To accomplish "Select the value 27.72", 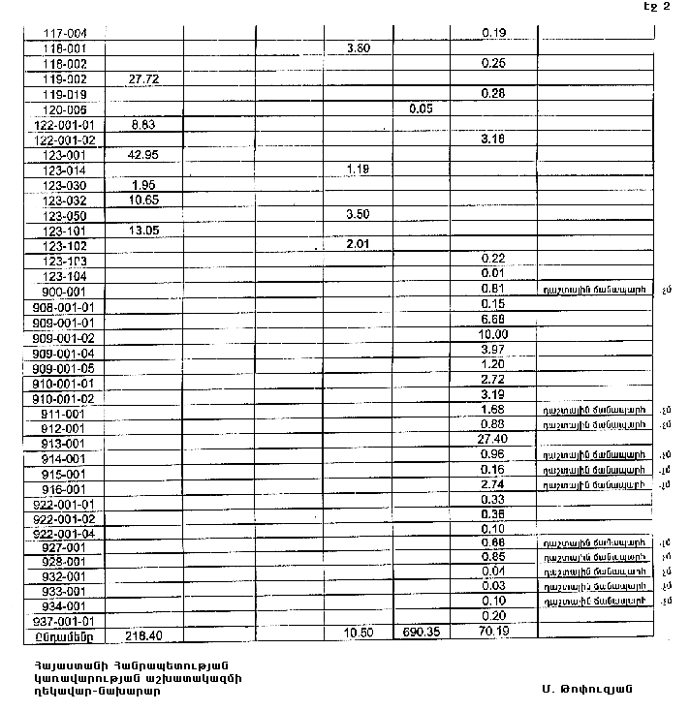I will pos(142,78).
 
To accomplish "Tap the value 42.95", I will pos(142,155).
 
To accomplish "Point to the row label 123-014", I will pos(66,170).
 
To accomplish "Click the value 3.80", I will pos(358,47).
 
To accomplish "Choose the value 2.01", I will pos(359,244).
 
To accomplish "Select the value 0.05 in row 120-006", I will pos(421,109).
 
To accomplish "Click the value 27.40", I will pos(494,440).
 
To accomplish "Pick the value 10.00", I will pos(494,335).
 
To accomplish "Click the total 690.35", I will pos(421,633).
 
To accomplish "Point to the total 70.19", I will pos(494,633).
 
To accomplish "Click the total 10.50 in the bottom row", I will pos(359,633).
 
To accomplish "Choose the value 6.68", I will pos(494,320).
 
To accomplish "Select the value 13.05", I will pos(142,231).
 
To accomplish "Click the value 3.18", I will pos(494,139).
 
